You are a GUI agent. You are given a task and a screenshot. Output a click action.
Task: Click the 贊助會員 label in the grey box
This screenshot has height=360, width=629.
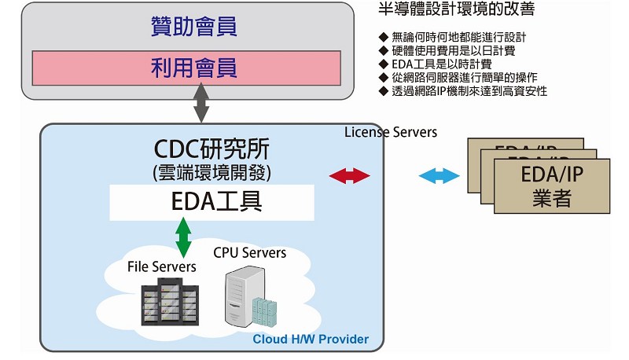pos(193,28)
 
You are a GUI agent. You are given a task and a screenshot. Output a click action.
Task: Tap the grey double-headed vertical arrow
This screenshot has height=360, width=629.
pos(201,104)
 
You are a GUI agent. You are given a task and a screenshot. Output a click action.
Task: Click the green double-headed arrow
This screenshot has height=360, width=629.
pos(183,238)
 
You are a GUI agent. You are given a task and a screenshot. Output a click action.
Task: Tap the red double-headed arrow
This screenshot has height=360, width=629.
pos(351,176)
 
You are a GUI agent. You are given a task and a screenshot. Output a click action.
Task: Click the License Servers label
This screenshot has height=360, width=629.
pos(391,132)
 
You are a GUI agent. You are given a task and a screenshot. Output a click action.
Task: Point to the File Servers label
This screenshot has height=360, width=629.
pos(162,267)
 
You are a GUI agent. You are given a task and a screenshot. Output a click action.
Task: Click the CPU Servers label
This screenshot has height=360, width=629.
pos(249,252)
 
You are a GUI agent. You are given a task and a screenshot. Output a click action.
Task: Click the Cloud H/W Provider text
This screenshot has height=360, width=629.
pos(310,340)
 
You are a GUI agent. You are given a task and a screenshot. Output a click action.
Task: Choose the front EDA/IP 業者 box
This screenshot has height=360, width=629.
pos(551,186)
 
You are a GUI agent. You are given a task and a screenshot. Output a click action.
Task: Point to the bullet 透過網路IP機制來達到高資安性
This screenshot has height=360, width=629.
pos(468,90)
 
